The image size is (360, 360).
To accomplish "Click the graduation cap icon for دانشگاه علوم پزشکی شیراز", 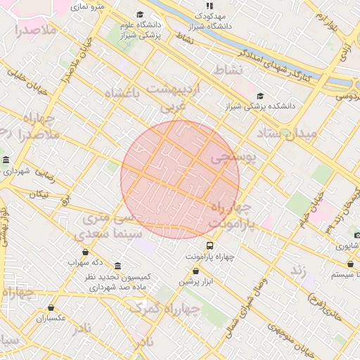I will point(140,15).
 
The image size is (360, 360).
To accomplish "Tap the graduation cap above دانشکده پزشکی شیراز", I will point(260,96).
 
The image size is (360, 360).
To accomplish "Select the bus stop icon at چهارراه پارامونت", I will point(210,245).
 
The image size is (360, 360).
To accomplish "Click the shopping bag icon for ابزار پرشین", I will point(195,271).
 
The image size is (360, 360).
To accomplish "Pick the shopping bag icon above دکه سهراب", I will point(86,251).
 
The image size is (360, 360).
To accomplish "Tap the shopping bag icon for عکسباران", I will point(51,307).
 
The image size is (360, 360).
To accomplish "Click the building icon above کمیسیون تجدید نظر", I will point(117,266).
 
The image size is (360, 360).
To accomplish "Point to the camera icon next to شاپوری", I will point(357,235).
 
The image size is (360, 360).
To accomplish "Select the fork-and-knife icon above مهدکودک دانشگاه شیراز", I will point(208,5).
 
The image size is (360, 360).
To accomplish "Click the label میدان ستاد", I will point(288,132).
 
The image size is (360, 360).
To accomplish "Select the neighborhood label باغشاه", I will point(122,92).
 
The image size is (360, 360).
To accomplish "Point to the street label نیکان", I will point(40,193).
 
